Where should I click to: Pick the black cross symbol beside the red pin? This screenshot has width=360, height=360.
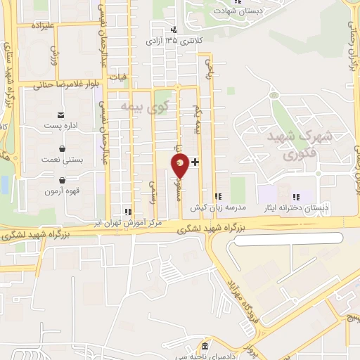[x=195, y=162]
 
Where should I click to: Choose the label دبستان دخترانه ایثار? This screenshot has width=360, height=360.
[x=304, y=208]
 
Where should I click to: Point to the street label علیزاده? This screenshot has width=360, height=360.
[x=42, y=25]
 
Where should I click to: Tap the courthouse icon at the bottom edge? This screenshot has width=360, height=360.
[x=205, y=347]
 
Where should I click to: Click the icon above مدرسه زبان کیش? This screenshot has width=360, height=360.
[x=218, y=196]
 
